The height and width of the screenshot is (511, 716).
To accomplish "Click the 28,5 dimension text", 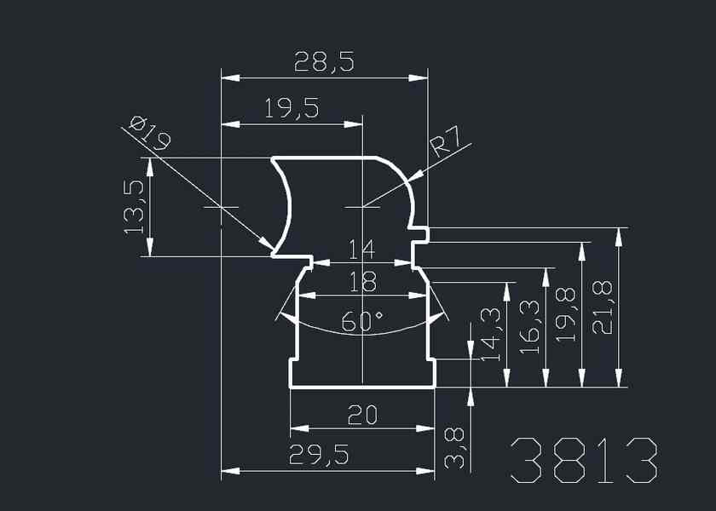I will (x=323, y=62).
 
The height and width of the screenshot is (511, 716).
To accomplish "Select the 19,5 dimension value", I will (x=292, y=108).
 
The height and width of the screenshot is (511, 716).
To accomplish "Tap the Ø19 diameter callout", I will (x=150, y=134).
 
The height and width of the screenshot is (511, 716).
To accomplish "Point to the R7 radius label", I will (x=449, y=141).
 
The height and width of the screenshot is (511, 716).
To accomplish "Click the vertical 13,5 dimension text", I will (x=134, y=207).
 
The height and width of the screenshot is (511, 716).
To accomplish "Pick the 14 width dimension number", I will (x=361, y=250).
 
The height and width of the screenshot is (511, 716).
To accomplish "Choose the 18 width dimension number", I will (x=361, y=282).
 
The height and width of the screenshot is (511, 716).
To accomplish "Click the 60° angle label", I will (x=362, y=321).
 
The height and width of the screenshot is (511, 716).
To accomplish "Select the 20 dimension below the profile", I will (x=362, y=415).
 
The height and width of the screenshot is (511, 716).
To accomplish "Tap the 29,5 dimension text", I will (x=320, y=456).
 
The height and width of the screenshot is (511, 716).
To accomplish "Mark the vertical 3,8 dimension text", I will (x=456, y=447).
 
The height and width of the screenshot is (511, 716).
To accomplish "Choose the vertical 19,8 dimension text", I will (x=567, y=315).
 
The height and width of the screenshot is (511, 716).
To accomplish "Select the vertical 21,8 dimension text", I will (x=603, y=307).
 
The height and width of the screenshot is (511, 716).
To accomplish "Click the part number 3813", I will (x=584, y=462).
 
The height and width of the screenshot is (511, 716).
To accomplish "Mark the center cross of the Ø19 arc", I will (x=221, y=208).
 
